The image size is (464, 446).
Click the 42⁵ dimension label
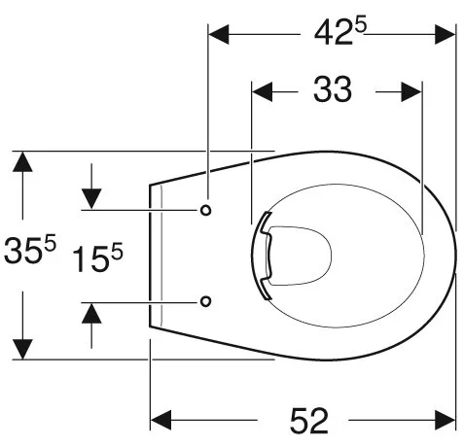click(340, 31)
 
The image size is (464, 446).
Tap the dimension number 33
click(333, 89)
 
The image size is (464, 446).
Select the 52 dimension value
click(309, 421)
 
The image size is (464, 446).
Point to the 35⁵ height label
click(30, 249)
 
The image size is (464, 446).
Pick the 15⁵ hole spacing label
click(97, 257)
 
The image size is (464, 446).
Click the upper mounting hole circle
click(205, 211)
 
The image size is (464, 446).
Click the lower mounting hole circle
click(205, 301)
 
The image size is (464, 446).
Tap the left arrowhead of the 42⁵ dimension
click(219, 34)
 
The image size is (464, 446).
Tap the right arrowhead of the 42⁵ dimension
click(446, 34)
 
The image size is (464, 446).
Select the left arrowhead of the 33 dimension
click(263, 92)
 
